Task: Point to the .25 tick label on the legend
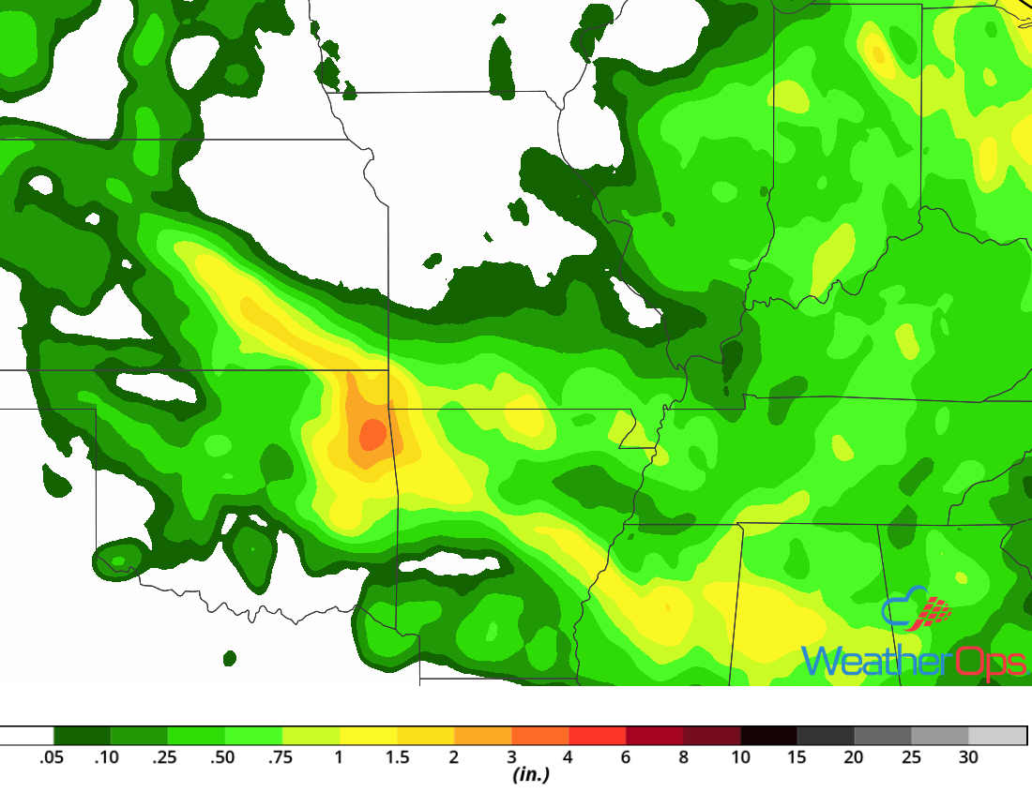pos(165,757)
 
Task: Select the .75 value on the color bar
pos(280,757)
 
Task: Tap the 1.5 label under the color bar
pos(397,757)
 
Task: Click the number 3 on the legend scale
pos(511,757)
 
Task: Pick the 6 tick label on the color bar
pos(626,757)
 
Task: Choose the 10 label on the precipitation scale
pos(740,757)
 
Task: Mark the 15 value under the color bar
pos(797,757)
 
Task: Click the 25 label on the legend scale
pos(912,757)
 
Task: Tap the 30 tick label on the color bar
pos(969,757)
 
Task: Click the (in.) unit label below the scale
pos(530,775)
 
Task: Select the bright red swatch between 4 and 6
pos(598,736)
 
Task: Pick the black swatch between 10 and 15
pos(769,736)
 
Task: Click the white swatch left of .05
pos(26,736)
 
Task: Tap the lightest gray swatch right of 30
pos(997,736)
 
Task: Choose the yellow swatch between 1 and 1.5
pos(369,736)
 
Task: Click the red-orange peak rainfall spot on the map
pos(372,433)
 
